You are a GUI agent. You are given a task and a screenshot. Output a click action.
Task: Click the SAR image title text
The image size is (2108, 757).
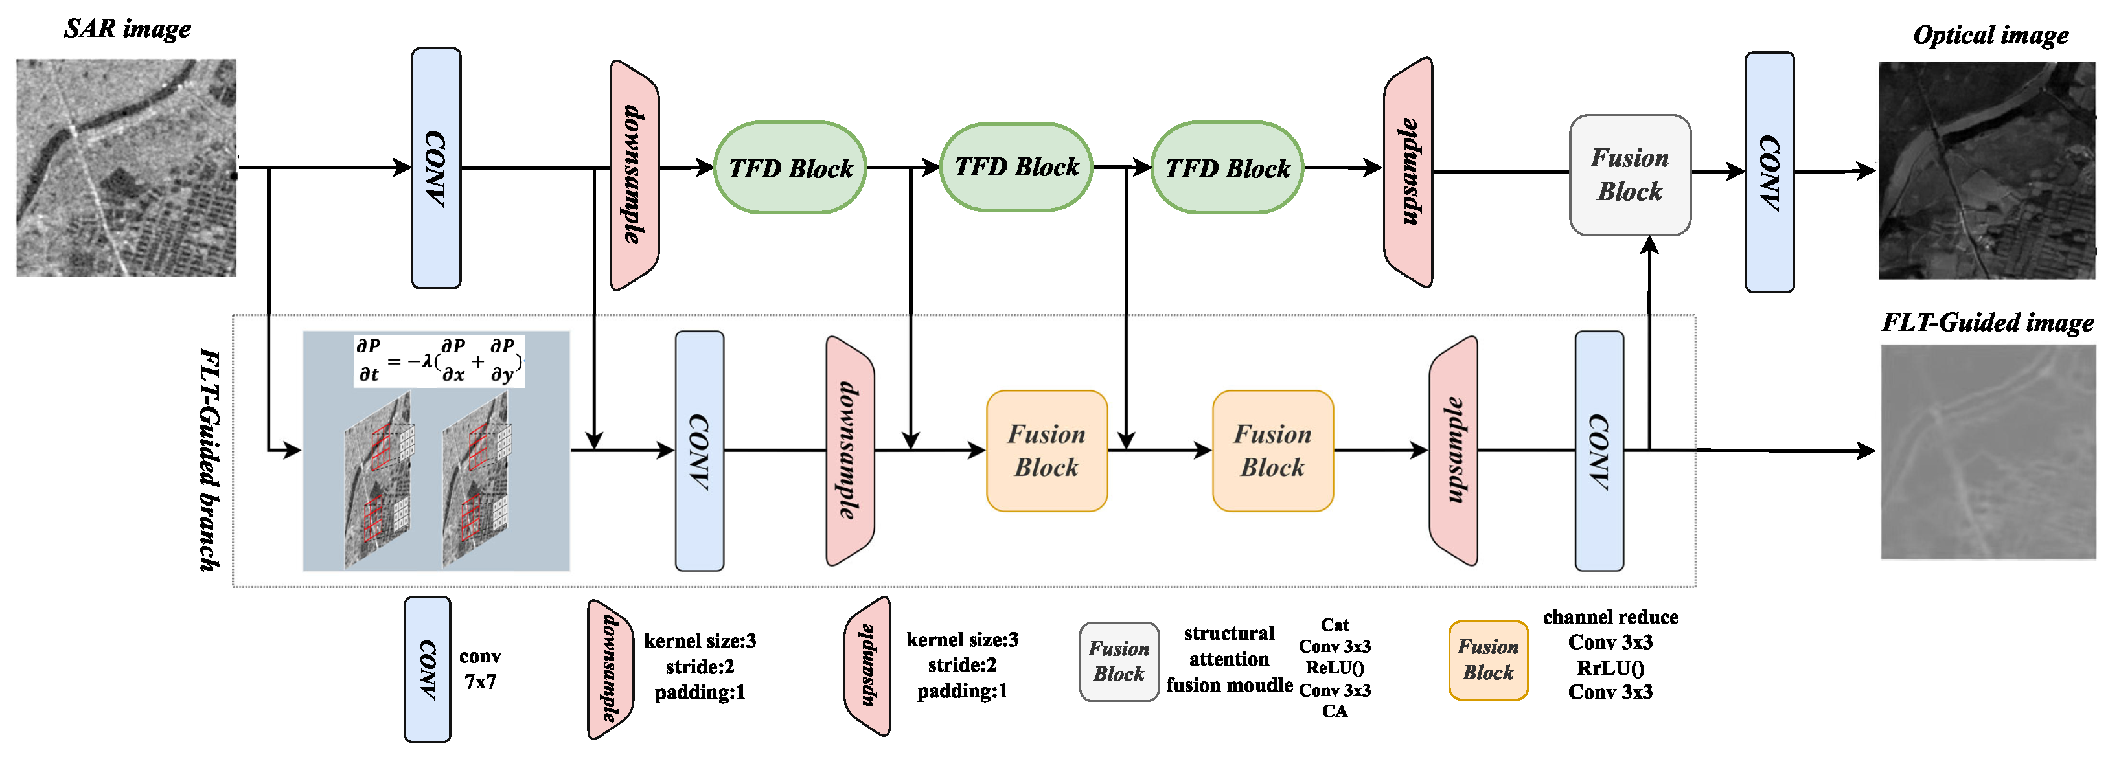point(127,28)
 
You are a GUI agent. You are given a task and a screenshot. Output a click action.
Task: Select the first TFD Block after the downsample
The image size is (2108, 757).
point(790,168)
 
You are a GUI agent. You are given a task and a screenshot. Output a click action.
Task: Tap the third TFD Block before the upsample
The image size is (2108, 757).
point(1227,168)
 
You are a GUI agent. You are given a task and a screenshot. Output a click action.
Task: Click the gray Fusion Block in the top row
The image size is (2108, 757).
point(1629,174)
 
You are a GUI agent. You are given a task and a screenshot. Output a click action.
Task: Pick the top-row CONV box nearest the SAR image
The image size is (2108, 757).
point(435,168)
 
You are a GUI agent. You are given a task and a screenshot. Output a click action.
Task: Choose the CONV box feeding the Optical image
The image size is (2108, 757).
point(1769,172)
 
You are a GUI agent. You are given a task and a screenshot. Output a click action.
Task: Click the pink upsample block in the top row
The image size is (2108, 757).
point(1408,172)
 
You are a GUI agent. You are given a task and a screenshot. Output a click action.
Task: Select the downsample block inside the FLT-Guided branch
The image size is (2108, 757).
point(850,450)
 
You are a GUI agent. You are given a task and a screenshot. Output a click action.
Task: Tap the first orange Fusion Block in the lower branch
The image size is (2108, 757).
point(1047,451)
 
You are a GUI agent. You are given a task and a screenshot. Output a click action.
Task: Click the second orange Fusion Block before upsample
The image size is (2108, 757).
point(1272,451)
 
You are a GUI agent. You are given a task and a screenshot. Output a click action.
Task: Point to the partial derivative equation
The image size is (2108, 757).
point(438,360)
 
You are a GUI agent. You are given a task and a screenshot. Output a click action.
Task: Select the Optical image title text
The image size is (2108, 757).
point(1990,35)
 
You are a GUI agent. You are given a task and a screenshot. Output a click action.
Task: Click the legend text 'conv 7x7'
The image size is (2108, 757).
point(480,669)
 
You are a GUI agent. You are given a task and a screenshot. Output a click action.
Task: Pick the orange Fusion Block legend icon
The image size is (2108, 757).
point(1487,660)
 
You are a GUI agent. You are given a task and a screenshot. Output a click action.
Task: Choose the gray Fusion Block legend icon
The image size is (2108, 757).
point(1119,661)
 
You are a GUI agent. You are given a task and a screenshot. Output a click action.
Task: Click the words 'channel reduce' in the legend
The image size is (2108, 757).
point(1610,617)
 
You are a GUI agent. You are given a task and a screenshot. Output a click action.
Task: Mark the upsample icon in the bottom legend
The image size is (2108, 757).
point(867,665)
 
